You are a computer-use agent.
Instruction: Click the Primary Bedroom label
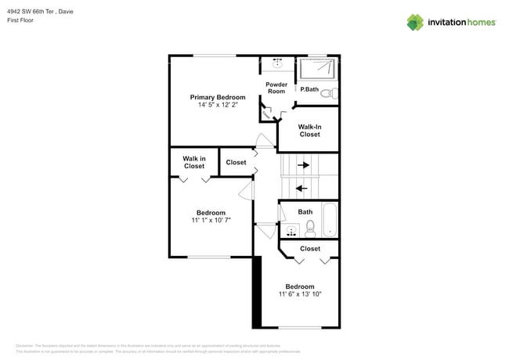217,97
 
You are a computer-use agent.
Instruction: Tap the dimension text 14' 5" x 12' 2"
217,105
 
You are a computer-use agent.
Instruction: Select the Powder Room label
276,88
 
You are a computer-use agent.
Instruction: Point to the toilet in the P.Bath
328,93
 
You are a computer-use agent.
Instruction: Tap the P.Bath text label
309,89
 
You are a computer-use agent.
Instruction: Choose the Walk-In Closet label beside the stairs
309,130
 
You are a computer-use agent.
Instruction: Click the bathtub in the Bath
329,221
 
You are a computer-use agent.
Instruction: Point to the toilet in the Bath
310,229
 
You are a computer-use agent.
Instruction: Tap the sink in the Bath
291,230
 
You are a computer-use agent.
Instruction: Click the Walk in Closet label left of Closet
194,162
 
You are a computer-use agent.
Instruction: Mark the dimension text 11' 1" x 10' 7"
211,221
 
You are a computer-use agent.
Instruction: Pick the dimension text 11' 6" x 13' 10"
299,294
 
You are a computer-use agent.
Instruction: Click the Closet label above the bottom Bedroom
310,249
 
